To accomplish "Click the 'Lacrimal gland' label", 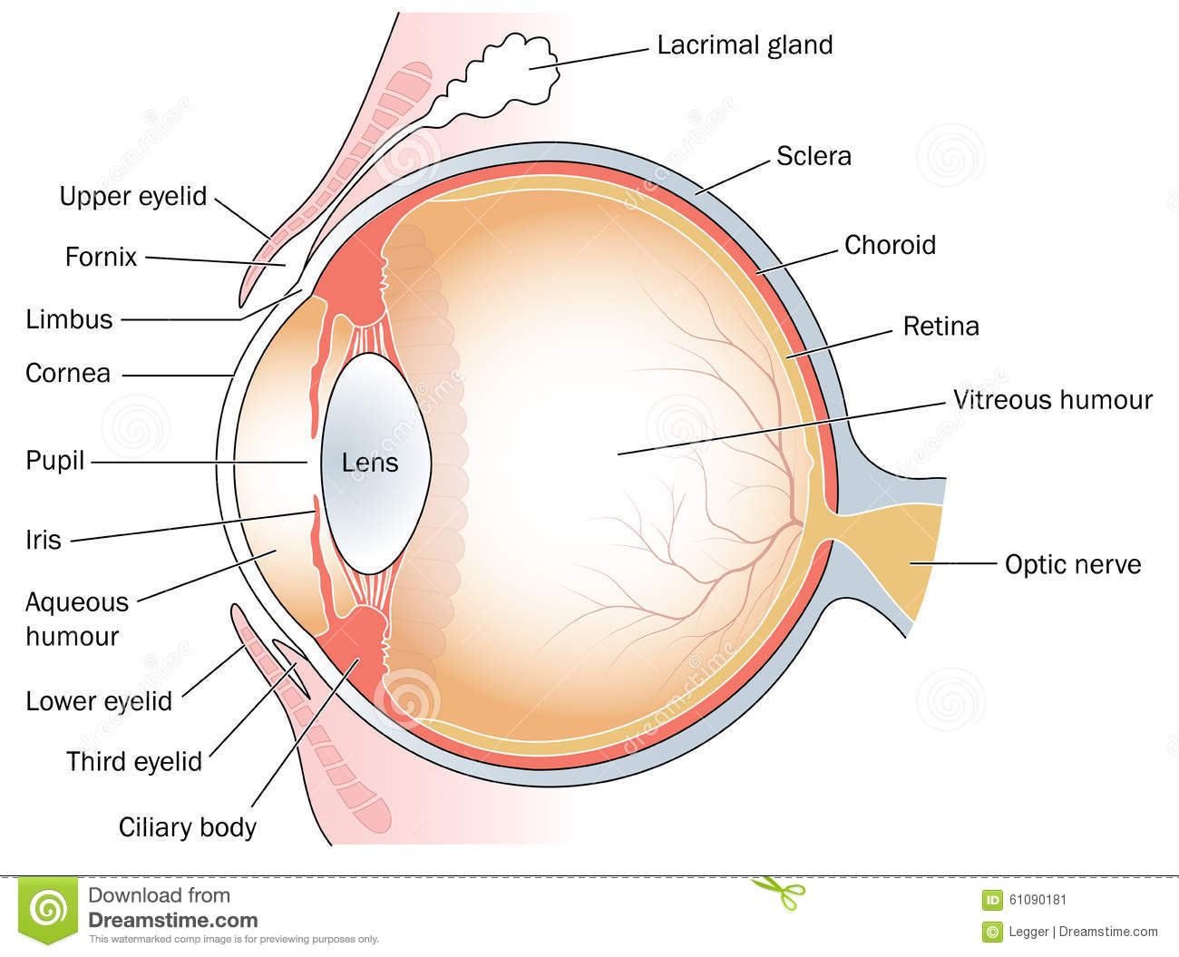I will tap(745, 45).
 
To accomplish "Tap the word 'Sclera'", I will tap(814, 156).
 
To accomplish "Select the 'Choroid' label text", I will tap(890, 245).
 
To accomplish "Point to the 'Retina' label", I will tap(940, 326).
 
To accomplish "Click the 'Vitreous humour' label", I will tap(1052, 400).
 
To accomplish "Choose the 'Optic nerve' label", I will tap(1072, 564).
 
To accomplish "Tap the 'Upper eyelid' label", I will tap(133, 196).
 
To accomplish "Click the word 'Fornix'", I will tap(101, 257).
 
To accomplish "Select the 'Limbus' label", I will tap(69, 319).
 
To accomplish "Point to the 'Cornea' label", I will tap(68, 373).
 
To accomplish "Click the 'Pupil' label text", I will tap(54, 461).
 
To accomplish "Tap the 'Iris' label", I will tap(44, 541).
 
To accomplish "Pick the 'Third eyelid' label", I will tap(134, 761).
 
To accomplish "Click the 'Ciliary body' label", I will tap(188, 827).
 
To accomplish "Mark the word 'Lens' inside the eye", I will tap(370, 463).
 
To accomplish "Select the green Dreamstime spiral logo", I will tap(48, 907).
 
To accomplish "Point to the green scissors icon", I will tap(778, 889).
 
